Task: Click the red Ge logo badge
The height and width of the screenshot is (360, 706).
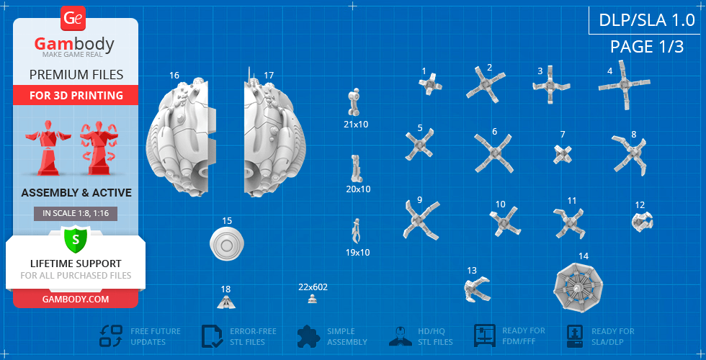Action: [73, 19]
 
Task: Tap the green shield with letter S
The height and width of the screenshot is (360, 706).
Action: [76, 239]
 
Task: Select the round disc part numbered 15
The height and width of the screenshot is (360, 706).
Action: [227, 244]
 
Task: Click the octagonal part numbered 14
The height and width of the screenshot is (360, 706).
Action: [578, 287]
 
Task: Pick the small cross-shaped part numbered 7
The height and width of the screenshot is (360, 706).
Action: [563, 154]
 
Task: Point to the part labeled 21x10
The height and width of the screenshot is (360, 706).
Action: [354, 102]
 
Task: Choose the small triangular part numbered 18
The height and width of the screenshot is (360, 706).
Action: [226, 302]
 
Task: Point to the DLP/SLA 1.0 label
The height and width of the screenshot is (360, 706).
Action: [647, 20]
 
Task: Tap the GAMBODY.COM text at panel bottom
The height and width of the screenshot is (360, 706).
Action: [76, 299]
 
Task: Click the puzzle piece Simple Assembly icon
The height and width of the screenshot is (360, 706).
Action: [308, 336]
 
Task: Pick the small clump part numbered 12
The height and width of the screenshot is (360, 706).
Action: [642, 222]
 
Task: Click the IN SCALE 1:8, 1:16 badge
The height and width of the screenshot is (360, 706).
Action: [76, 214]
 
